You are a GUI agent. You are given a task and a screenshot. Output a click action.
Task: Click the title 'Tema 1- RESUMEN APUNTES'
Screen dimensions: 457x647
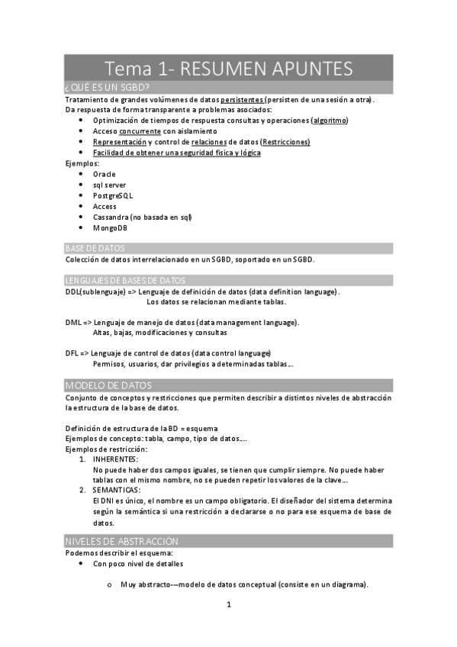pyautogui.click(x=229, y=69)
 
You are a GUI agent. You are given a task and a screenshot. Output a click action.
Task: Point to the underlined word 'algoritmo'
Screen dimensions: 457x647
pyautogui.click(x=330, y=121)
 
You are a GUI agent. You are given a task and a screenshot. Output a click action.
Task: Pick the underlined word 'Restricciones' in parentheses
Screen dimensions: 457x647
pyautogui.click(x=285, y=142)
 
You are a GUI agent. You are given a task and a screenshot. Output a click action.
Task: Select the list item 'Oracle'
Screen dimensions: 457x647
pyautogui.click(x=105, y=174)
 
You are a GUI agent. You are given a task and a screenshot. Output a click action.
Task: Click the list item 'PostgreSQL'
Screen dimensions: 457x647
pyautogui.click(x=113, y=195)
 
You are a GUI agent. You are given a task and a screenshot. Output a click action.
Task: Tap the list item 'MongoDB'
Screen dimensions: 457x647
pyautogui.click(x=111, y=227)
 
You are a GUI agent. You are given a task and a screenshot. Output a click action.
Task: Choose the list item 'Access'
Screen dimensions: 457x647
pyautogui.click(x=105, y=206)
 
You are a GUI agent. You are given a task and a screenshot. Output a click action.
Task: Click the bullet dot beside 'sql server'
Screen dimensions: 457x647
pyautogui.click(x=82, y=185)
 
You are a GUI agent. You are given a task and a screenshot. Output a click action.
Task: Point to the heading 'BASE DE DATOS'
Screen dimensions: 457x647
pyautogui.click(x=95, y=249)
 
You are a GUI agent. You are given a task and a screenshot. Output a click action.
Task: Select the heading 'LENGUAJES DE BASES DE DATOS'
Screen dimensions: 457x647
pyautogui.click(x=125, y=281)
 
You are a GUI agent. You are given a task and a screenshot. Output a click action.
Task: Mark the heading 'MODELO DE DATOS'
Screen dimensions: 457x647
pyautogui.click(x=109, y=385)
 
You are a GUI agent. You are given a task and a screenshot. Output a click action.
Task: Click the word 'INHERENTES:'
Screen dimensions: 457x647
pyautogui.click(x=115, y=459)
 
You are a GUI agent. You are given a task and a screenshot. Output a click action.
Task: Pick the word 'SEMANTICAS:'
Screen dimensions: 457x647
pyautogui.click(x=116, y=490)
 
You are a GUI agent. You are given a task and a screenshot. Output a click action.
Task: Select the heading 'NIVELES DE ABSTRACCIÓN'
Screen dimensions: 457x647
pyautogui.click(x=122, y=541)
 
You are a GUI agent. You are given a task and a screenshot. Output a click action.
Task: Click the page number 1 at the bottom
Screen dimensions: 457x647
pyautogui.click(x=228, y=606)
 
